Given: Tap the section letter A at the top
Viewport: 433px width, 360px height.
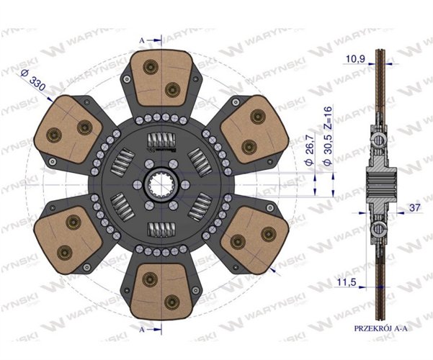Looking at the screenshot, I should point(141,40).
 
